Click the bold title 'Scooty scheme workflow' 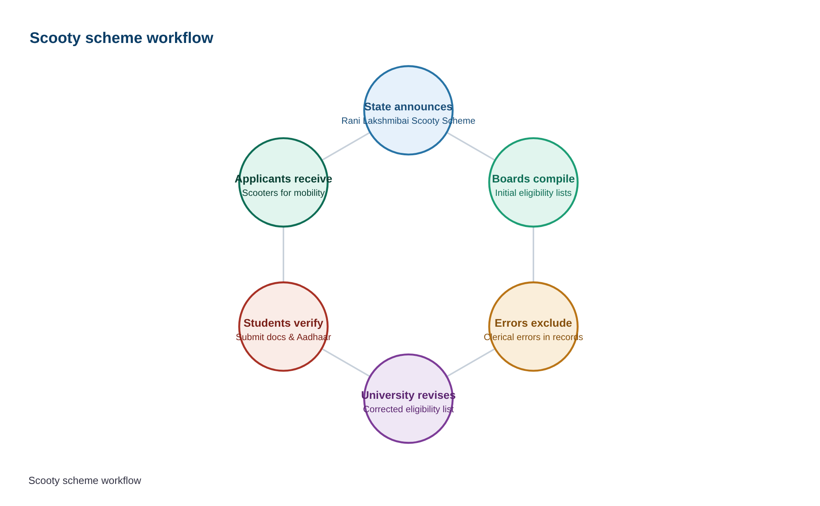coord(121,38)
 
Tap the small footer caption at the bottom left coord(85,481)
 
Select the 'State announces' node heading coord(408,107)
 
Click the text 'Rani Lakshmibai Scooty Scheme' coord(408,121)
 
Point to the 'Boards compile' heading coord(533,179)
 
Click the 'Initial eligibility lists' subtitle coord(533,193)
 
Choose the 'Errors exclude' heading coord(533,323)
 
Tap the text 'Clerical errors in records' coord(533,337)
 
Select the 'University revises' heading coord(408,395)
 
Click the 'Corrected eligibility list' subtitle coord(408,409)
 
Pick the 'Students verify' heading coord(283,323)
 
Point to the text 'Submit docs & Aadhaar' coord(283,337)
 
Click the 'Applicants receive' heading coord(283,179)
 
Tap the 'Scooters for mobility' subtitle coord(283,193)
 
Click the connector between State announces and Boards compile coord(471,146)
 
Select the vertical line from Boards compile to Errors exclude coord(533,255)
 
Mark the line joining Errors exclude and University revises coord(471,363)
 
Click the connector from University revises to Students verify coord(346,363)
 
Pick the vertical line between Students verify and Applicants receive coord(283,255)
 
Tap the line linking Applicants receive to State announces coord(346,146)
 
